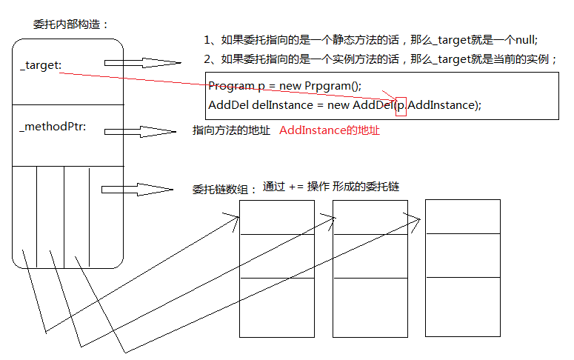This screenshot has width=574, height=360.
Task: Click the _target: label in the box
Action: click(x=41, y=65)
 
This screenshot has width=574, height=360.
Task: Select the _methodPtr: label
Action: click(x=53, y=127)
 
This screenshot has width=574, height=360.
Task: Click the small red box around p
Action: click(x=401, y=106)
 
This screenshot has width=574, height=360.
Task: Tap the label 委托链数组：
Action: click(x=225, y=190)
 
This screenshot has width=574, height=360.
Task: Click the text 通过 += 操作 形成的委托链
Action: click(x=331, y=187)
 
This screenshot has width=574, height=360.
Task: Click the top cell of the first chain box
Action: click(x=277, y=217)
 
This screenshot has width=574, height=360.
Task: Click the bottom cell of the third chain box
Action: click(x=462, y=305)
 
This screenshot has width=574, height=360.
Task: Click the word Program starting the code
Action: click(x=231, y=86)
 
